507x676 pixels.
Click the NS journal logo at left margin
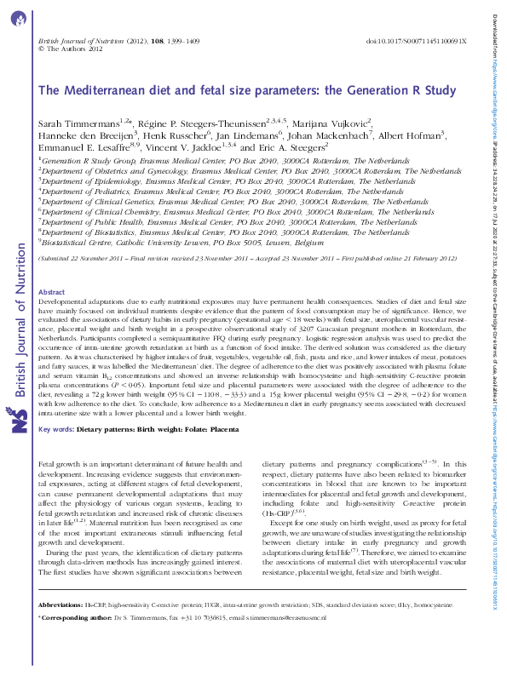(20, 421)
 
